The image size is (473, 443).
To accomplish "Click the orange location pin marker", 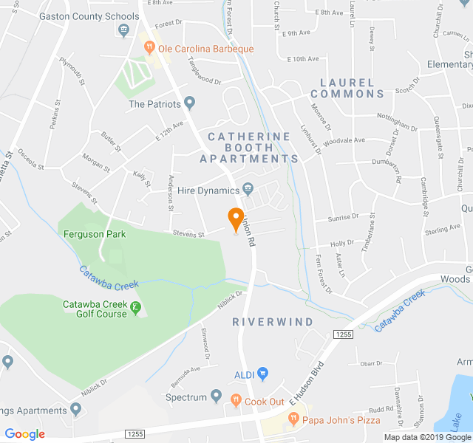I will coord(236,220).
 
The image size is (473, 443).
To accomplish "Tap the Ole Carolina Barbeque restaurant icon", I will coord(149,49).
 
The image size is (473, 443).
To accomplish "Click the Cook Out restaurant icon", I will coord(236,401).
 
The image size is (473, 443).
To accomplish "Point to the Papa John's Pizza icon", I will coord(293,419).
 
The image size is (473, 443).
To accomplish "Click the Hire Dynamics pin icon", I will coord(248,190).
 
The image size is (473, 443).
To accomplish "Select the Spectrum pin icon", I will coord(217,396).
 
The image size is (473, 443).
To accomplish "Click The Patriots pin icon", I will coord(190,103).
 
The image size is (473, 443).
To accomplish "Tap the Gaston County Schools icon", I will coord(123,30).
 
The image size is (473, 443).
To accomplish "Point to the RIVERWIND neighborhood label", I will coord(273,322).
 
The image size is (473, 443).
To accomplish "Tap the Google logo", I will coord(25,434).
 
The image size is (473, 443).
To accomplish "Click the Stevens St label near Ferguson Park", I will coord(188,235).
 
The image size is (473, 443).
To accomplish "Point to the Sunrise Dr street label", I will coord(343,217).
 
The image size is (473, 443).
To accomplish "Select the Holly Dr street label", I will coord(342,242).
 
